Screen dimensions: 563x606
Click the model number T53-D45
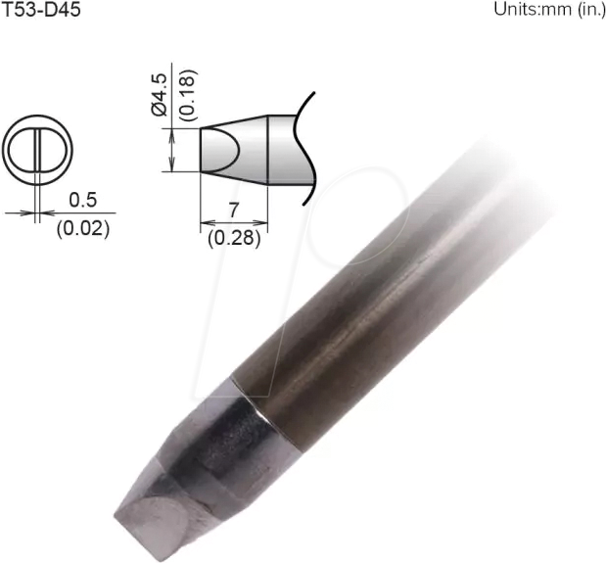pyautogui.click(x=42, y=11)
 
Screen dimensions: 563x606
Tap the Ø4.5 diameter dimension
pyautogui.click(x=161, y=96)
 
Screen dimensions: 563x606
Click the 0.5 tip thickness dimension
pyautogui.click(x=83, y=200)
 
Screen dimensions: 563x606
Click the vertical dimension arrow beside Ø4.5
pyautogui.click(x=173, y=150)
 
